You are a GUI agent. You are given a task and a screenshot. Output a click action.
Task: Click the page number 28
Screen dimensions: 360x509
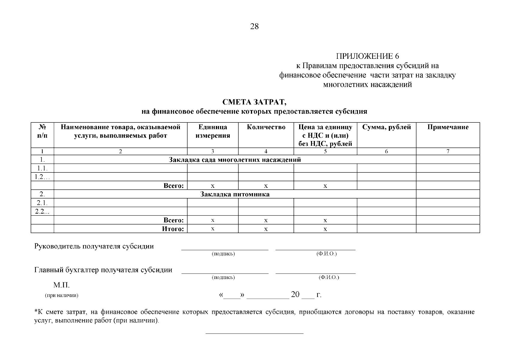coord(254,27)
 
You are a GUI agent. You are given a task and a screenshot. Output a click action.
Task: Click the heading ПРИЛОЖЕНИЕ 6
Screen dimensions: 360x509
coord(367,56)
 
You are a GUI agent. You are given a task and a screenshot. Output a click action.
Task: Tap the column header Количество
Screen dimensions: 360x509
coord(266,127)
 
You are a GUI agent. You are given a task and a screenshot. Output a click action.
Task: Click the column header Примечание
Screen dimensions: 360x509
coord(448,127)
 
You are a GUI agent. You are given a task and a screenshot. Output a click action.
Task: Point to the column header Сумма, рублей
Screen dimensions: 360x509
coord(386,127)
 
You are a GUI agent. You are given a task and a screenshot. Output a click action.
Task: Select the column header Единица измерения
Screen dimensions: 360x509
coord(213,131)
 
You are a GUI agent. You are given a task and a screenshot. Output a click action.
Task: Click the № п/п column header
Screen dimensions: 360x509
coord(42,131)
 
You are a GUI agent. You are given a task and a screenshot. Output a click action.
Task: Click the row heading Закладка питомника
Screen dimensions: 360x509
coord(235,194)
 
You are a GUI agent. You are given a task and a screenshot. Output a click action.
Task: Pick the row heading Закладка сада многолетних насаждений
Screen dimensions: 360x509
coord(235,160)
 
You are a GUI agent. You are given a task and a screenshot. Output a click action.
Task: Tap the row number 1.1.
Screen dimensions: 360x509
coord(42,168)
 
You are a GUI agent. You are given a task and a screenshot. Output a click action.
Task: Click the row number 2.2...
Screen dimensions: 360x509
coord(42,211)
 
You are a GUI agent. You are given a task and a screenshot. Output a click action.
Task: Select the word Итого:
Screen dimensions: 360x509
coord(173,229)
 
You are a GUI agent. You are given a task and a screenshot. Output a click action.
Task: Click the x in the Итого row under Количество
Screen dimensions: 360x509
coord(266,229)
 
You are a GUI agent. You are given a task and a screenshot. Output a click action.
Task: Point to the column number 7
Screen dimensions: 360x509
coord(448,151)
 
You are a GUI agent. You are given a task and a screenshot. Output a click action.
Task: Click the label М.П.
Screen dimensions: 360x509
coord(61,285)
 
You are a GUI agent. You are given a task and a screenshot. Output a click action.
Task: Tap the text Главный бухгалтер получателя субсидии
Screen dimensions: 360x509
coord(103,270)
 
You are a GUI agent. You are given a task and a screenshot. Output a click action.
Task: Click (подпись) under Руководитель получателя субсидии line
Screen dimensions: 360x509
coord(223,254)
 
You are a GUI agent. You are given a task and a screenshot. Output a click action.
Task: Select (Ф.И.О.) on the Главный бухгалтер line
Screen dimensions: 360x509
coord(329,277)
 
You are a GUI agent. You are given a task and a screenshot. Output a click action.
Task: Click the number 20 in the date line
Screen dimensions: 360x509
coord(295,295)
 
